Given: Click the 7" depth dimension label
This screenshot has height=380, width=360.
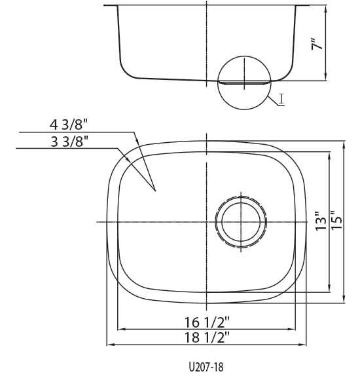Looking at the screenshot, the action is coord(317,44).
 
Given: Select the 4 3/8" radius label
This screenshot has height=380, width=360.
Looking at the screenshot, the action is coord(68,124).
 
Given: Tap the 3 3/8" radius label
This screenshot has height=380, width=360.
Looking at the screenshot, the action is coord(69,142).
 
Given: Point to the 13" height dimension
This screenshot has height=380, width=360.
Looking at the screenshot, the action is coord(321,221).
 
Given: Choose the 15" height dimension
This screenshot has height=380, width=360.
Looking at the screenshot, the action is coord(336,219).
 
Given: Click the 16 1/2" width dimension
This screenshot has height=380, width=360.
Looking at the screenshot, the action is coord(207,322).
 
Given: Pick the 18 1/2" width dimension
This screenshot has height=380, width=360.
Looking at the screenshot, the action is coord(207,337).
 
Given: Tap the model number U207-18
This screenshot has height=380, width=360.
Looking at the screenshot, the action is coord(206,367).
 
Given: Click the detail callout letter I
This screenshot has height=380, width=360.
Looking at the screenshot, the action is coord(281,99).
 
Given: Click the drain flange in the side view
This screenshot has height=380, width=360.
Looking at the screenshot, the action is coord(244,83).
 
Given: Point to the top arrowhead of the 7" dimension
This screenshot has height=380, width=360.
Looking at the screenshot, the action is coord(325,9).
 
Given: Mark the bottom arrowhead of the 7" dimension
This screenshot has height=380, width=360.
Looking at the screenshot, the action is coord(325,77).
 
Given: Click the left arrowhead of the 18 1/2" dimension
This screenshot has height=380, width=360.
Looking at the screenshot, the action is coord(111,345).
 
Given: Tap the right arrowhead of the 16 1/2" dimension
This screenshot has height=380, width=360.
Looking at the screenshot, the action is coord(291,330).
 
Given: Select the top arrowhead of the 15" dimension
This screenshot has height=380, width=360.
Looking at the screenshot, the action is coord(344,145).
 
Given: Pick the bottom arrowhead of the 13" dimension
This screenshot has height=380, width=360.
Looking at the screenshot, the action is coord(329,288).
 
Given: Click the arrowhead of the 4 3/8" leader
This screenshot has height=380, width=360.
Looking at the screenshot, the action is coord(137,141).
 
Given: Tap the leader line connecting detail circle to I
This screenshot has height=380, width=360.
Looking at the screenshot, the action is coord(274,101).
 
